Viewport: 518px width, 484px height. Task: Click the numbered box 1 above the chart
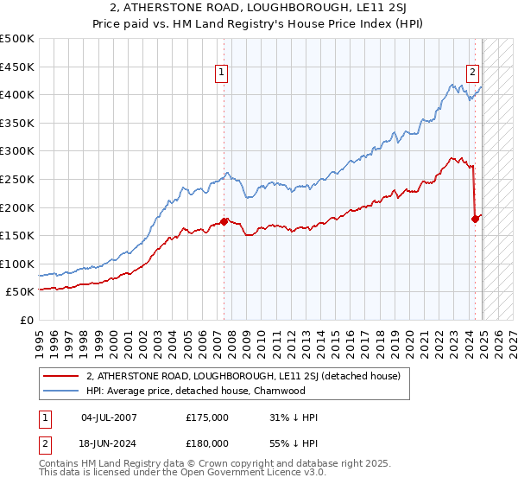click(x=223, y=73)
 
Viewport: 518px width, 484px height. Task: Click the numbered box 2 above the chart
click(x=474, y=73)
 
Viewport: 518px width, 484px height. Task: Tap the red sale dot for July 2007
click(x=224, y=221)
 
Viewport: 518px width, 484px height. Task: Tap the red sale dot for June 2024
click(x=475, y=219)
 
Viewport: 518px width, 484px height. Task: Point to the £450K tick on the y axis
click(x=17, y=67)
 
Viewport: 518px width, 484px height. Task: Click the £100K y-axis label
click(x=17, y=264)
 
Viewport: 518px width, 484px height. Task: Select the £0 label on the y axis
click(x=26, y=320)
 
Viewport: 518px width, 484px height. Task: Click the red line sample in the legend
click(x=60, y=376)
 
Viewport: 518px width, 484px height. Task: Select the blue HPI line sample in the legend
click(x=60, y=391)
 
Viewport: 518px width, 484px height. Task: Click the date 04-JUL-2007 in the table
click(x=109, y=417)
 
